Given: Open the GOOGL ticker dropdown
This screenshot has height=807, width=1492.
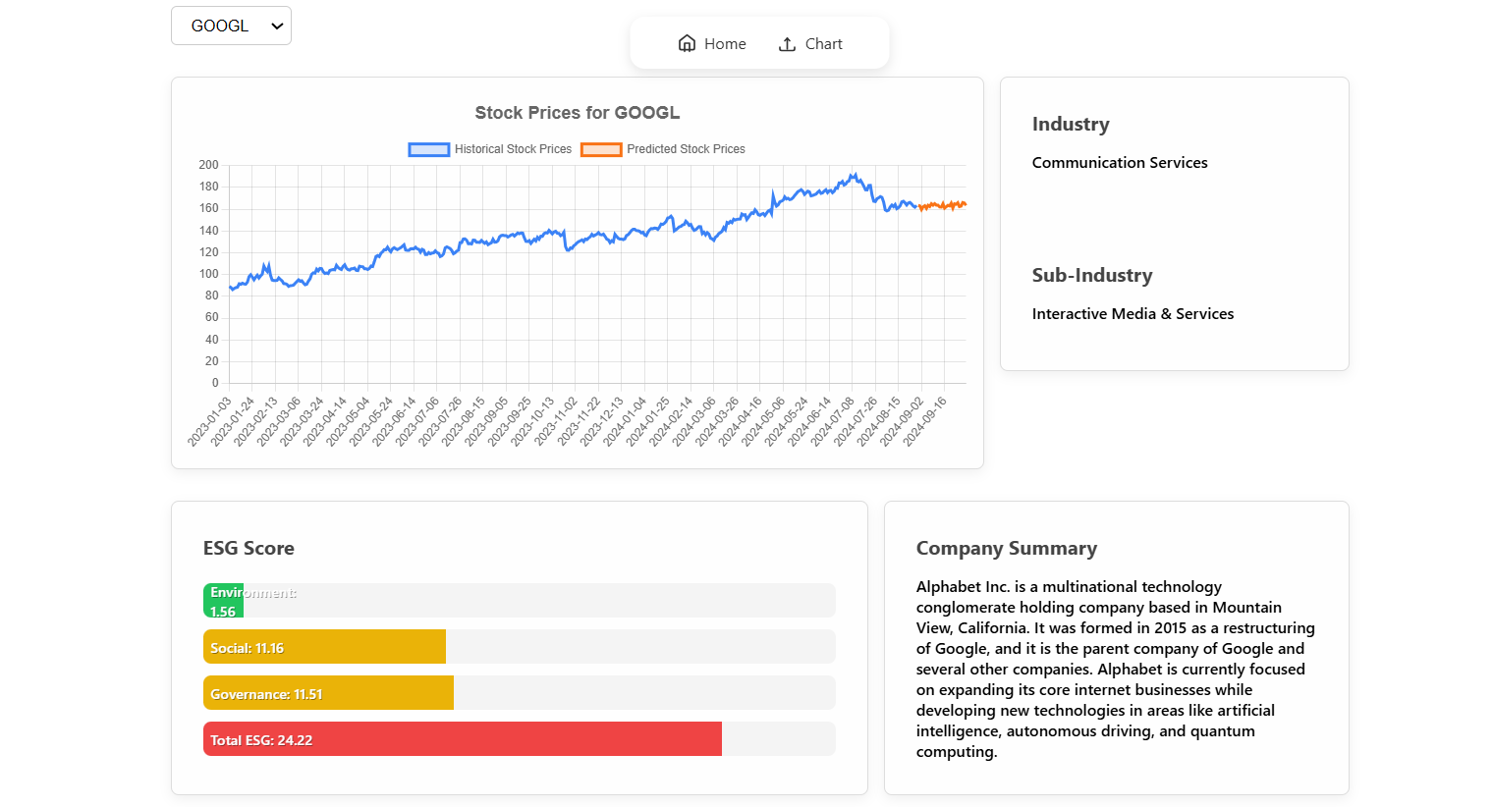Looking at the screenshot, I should tap(231, 26).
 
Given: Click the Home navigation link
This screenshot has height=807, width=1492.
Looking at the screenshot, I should tap(712, 43).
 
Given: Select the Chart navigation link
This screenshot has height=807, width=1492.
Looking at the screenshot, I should tap(810, 43).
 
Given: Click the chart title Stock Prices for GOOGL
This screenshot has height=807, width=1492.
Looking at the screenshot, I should tap(577, 113).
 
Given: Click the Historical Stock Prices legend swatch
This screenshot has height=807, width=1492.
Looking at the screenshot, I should tap(429, 149).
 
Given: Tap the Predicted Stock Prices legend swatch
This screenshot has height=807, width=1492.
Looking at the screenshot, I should tap(601, 149).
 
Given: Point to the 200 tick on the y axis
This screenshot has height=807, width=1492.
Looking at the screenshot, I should tap(208, 165).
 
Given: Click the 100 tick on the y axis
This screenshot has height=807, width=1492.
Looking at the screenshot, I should tap(208, 274).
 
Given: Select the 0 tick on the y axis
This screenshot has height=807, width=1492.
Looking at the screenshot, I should tap(215, 383).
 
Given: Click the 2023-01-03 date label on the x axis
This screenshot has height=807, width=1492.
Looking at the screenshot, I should tap(210, 421).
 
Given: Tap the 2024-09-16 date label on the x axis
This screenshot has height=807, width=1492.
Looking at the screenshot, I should tap(925, 421).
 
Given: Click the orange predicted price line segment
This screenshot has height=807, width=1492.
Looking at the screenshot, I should tap(943, 205).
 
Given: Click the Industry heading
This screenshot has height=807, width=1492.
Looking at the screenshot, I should tap(1071, 125).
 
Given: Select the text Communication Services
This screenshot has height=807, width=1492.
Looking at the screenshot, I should tap(1120, 163).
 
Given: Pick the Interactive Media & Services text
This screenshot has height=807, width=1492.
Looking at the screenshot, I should tap(1133, 314).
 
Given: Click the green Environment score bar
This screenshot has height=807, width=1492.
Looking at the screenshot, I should tap(223, 601).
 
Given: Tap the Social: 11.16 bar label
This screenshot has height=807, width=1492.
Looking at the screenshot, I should tap(247, 648).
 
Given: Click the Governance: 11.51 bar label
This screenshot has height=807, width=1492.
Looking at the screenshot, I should tap(266, 694).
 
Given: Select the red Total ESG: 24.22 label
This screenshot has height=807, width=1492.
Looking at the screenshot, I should tap(261, 740).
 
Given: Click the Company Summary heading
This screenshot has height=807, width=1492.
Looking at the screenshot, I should tap(1006, 549).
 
